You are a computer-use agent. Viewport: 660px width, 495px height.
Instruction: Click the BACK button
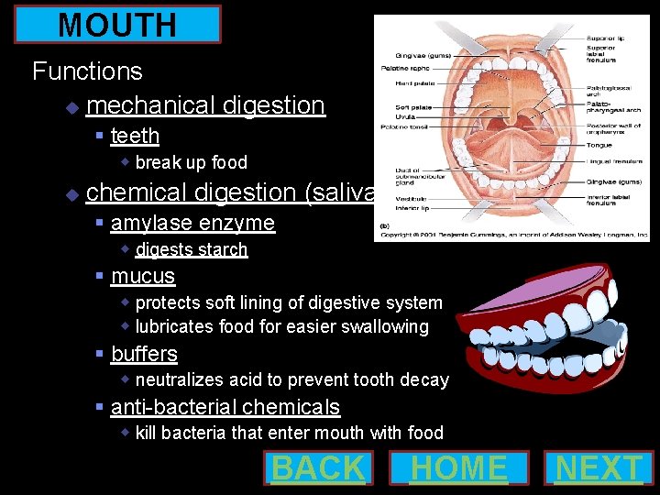point(318,467)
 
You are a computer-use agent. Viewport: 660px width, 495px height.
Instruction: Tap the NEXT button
point(599,467)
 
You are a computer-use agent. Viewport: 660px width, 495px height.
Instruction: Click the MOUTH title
point(117,25)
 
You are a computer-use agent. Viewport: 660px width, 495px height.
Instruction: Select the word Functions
point(87,71)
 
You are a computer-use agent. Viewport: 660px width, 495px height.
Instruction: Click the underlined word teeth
point(135,136)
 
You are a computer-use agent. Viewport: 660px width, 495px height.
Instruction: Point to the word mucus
point(143,276)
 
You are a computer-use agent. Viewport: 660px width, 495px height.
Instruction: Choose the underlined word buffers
point(144,354)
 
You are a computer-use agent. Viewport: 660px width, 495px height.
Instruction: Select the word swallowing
point(382,326)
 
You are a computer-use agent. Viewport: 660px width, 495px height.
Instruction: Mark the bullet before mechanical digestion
point(72,107)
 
